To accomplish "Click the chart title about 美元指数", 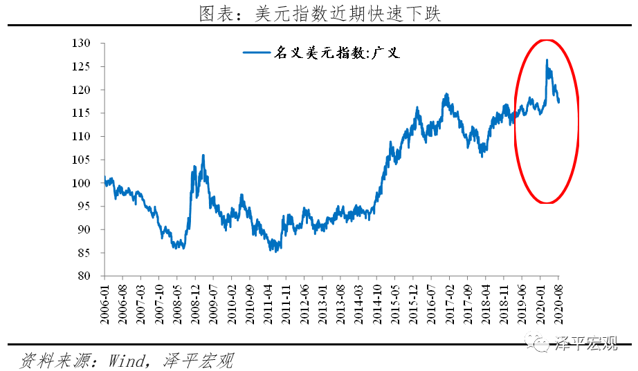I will pos(319,13).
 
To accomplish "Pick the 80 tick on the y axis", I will pos(84,276).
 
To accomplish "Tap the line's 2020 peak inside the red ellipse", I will pos(547,60).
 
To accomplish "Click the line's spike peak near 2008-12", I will pos(203,155).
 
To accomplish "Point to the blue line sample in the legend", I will pos(256,52).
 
